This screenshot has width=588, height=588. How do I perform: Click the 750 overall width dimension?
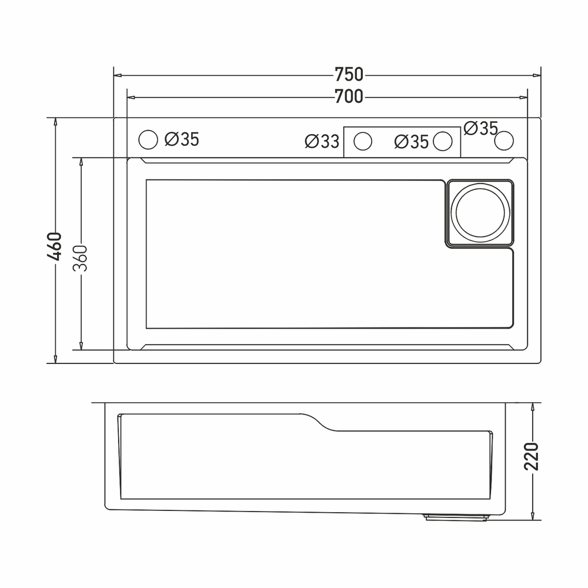349,75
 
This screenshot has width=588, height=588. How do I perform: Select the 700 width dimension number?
349,97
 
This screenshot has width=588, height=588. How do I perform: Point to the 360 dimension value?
81,258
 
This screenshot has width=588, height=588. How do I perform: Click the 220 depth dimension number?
532,456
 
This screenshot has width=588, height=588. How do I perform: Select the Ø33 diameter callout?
322,142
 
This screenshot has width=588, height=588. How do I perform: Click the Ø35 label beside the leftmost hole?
182,140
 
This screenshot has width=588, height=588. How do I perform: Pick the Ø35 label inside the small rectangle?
412,142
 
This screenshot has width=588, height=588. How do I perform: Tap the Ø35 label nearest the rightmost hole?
481,128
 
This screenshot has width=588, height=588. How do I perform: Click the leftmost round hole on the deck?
148,140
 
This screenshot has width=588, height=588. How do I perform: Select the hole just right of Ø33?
363,141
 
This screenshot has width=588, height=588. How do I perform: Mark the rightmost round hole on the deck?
504,141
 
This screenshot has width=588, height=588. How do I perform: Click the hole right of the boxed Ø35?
443,141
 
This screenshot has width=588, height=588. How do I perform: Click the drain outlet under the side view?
456,517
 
